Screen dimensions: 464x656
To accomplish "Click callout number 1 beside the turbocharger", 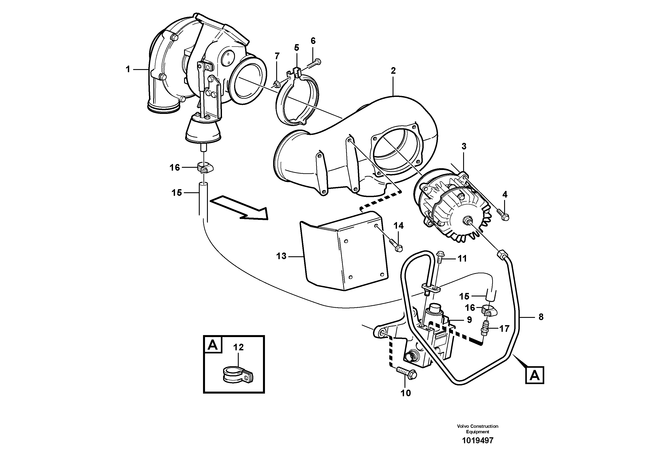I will click(x=128, y=69).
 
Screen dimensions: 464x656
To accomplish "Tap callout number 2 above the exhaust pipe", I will click(x=393, y=71).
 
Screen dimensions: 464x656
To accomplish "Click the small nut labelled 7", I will click(x=277, y=84).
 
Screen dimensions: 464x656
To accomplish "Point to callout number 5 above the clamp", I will click(x=296, y=47).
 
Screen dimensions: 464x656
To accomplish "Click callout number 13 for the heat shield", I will click(x=281, y=256).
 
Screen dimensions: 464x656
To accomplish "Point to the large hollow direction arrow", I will click(x=239, y=208).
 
